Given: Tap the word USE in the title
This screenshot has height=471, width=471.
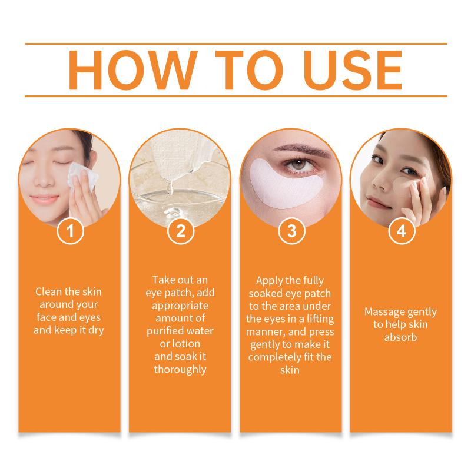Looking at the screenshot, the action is [353, 70].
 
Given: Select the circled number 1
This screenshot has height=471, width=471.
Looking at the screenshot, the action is [70, 231].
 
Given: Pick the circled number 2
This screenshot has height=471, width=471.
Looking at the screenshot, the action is [181, 231].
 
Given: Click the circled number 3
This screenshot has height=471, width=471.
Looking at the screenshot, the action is [291, 231].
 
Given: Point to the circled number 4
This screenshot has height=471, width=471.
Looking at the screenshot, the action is [402, 231].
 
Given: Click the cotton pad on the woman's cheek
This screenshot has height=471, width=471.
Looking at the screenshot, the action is [82, 177].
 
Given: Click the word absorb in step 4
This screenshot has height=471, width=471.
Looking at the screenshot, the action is [401, 337].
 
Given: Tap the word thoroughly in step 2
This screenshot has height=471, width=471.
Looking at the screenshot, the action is [180, 370].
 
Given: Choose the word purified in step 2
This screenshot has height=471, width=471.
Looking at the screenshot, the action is [165, 331].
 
